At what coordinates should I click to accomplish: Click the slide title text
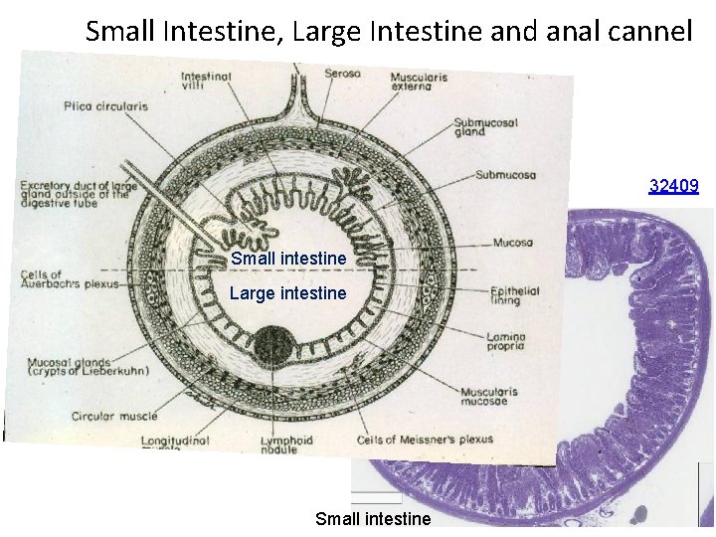point(389,31)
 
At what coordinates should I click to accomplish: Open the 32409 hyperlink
point(673,185)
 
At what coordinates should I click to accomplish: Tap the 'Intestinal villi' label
point(206,82)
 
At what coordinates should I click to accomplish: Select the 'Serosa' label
point(343,74)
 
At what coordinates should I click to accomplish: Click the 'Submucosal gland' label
point(482,125)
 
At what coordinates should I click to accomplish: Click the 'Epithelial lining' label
point(514,295)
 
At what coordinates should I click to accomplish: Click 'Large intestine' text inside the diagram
point(287,293)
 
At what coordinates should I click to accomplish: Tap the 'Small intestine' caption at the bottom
point(373,518)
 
